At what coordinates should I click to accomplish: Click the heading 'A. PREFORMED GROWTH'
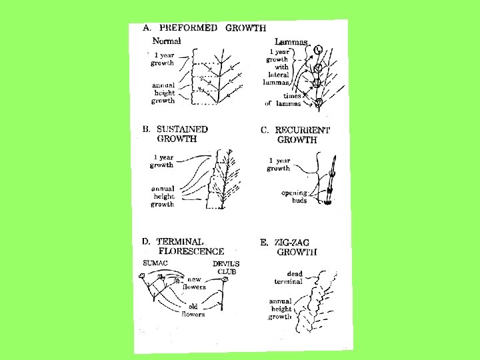[x=205, y=28]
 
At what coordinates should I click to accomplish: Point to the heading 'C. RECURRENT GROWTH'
[x=296, y=135]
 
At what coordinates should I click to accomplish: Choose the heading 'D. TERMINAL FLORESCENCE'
[x=183, y=246]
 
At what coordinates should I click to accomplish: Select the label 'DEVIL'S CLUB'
[x=225, y=267]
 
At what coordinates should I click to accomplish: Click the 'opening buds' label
[x=294, y=197]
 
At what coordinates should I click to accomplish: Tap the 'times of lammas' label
[x=287, y=100]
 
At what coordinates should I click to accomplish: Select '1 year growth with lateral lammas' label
[x=279, y=67]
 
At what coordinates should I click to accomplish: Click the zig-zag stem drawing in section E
[x=319, y=300]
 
